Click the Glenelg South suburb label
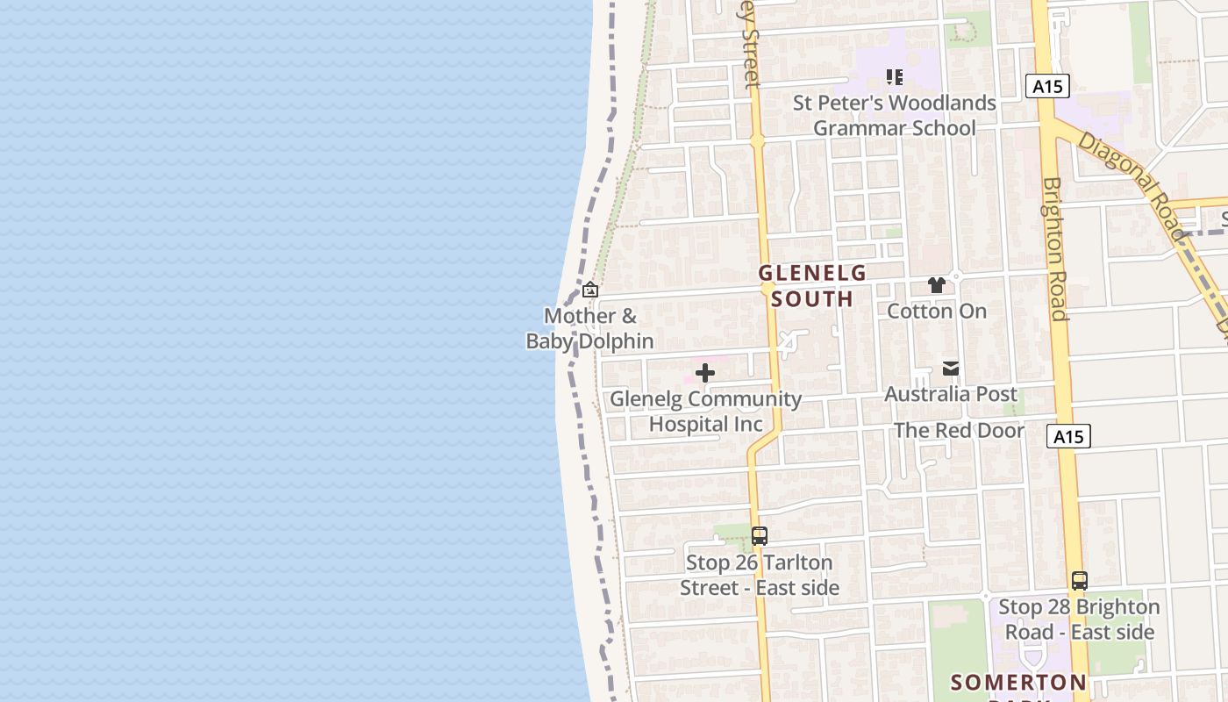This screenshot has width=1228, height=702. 812,286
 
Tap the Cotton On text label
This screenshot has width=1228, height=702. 937,312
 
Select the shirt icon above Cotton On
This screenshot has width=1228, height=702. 937,285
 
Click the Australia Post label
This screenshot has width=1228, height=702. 951,394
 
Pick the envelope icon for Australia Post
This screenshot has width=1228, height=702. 951,369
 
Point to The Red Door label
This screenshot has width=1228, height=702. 959,431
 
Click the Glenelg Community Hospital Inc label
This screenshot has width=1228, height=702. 705,412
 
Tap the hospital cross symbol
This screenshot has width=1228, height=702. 704,374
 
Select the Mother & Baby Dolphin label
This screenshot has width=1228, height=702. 590,328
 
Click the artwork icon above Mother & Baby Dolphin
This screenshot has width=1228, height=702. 590,290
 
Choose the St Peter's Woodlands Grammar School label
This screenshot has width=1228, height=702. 895,115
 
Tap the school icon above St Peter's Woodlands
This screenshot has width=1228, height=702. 894,77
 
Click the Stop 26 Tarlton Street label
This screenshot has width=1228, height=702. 760,575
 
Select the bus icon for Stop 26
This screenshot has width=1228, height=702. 760,535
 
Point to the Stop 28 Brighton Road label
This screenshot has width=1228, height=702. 1079,620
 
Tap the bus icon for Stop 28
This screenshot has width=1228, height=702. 1079,581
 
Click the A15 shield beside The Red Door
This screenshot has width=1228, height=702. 1068,436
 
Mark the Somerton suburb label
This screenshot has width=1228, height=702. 1018,683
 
